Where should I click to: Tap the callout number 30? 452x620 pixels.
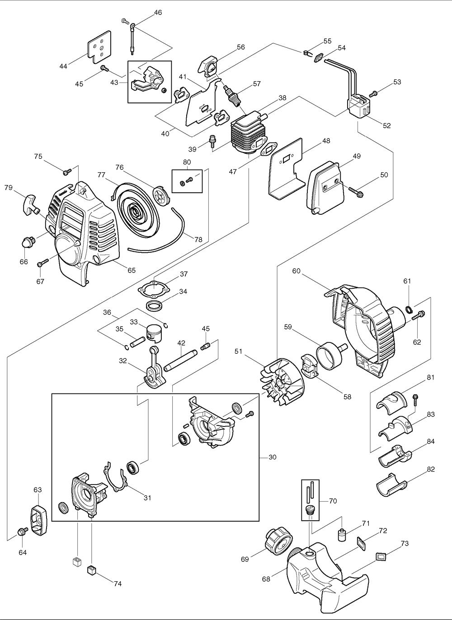click(272, 457)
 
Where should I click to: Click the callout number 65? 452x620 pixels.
click(131, 270)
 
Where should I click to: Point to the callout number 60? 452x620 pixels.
click(296, 271)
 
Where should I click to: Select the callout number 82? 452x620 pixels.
click(430, 469)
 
